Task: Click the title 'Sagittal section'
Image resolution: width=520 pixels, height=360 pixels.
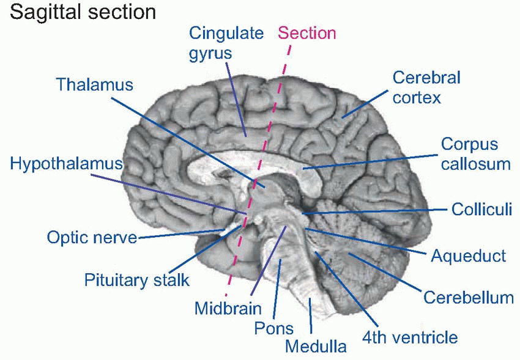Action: (x=83, y=12)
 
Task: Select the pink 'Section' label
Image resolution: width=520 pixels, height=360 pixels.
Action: (x=307, y=33)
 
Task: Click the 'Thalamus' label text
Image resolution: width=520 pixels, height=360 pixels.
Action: (x=94, y=84)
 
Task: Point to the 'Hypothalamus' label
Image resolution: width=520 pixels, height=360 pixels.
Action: (x=67, y=164)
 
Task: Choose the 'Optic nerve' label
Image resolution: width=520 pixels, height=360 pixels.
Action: (x=92, y=237)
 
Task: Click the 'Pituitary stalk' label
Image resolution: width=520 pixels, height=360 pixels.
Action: (x=137, y=281)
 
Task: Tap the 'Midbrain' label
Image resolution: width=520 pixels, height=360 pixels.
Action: (x=228, y=308)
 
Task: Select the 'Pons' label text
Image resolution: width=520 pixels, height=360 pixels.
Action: (x=273, y=329)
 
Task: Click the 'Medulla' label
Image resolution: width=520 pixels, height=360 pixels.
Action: (x=316, y=347)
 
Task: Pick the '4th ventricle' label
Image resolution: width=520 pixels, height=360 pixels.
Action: (x=409, y=336)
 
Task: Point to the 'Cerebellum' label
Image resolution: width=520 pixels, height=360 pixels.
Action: (x=468, y=298)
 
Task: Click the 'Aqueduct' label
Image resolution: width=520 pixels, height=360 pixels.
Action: (x=469, y=255)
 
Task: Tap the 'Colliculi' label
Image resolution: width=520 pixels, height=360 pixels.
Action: (x=481, y=209)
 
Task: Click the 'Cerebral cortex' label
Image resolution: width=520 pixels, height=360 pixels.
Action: (x=426, y=87)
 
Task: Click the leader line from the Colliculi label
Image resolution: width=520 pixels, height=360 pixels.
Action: (x=379, y=211)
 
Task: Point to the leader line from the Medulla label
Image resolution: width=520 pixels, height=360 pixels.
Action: (x=311, y=317)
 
